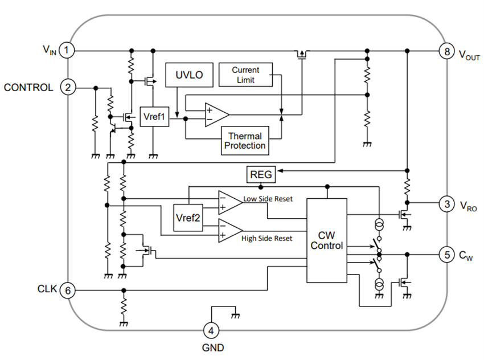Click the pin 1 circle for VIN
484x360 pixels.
[x=68, y=51]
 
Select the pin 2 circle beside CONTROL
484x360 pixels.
[x=68, y=88]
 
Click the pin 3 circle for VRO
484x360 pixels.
[x=446, y=203]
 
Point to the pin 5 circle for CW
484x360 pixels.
[x=446, y=254]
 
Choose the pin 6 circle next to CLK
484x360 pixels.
[x=68, y=290]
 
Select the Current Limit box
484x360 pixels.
[x=245, y=74]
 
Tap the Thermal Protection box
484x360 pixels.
[x=245, y=141]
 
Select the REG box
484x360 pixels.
[x=261, y=175]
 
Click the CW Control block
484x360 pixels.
[x=327, y=240]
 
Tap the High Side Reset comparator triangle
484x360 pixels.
[x=229, y=230]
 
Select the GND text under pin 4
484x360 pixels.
[x=212, y=347]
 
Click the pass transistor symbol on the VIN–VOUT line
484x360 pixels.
[x=302, y=55]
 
